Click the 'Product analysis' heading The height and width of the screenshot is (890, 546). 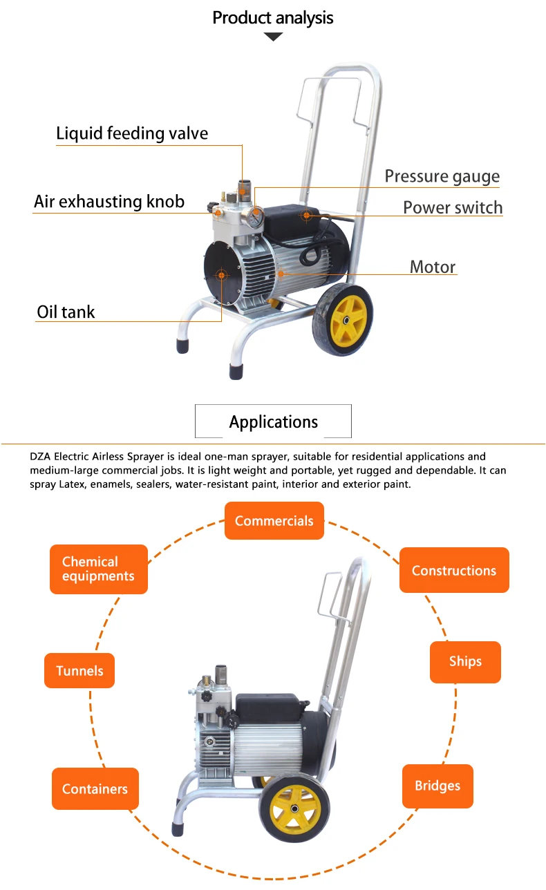click(x=273, y=18)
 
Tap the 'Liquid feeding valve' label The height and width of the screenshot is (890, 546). click(x=132, y=133)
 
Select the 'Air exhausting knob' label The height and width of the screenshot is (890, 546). click(x=109, y=201)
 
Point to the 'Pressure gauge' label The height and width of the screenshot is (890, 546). click(x=442, y=176)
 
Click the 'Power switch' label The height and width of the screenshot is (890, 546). click(x=453, y=207)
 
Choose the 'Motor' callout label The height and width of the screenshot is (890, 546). click(x=433, y=267)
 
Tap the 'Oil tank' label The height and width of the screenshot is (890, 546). click(x=66, y=312)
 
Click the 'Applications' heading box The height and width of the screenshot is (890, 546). click(x=273, y=422)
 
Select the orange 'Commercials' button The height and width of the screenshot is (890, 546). click(x=274, y=521)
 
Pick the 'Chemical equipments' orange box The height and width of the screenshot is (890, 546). click(x=98, y=569)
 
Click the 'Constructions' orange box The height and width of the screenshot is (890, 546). click(x=454, y=570)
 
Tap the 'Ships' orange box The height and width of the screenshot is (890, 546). click(x=465, y=661)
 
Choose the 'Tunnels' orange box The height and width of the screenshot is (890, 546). click(x=79, y=670)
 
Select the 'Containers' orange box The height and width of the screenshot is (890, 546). click(x=95, y=788)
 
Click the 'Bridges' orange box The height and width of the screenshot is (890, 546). click(x=437, y=786)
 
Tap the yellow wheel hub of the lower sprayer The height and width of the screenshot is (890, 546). click(x=295, y=808)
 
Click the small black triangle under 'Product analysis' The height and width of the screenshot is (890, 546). click(x=273, y=37)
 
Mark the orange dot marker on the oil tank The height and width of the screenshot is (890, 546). click(x=221, y=275)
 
